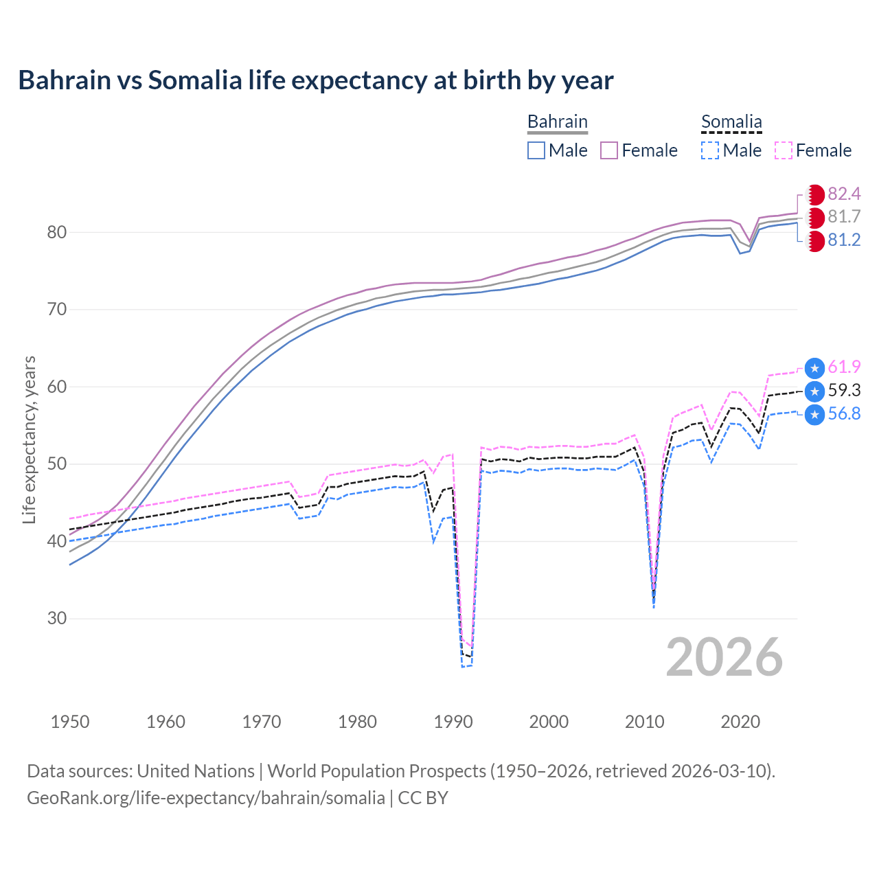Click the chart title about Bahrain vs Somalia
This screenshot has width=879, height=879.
(315, 80)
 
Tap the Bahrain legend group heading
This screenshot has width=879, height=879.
(557, 122)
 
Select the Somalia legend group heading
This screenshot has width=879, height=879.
(731, 122)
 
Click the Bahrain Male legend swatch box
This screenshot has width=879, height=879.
(536, 150)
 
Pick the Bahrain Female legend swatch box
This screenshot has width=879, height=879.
(609, 150)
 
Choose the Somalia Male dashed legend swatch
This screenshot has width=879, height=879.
(710, 150)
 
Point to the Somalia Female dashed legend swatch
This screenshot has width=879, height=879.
(783, 150)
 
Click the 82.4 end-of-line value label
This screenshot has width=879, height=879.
(844, 194)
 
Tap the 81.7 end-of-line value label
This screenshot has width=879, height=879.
(844, 217)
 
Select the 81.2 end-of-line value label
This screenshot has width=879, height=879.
(844, 240)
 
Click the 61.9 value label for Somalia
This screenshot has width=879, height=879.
(844, 367)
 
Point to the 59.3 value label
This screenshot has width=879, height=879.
(844, 391)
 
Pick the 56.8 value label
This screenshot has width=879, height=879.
(844, 413)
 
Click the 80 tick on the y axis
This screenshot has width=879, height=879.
(56, 232)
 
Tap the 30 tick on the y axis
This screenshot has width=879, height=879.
(56, 618)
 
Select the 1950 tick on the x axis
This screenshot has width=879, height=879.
(70, 722)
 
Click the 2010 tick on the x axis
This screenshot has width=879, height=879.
(644, 722)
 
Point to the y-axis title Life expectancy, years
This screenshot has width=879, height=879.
(29, 439)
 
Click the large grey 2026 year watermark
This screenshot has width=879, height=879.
(724, 657)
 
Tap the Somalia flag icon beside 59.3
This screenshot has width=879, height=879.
(814, 391)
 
